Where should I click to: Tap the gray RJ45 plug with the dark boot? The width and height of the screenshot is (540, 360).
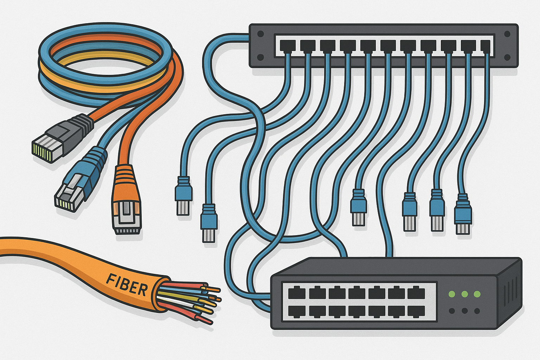pyautogui.click(x=63, y=139)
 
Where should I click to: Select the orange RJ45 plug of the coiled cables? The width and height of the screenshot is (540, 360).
pyautogui.click(x=127, y=200)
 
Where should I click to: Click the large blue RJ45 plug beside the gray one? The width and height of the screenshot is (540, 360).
pyautogui.click(x=81, y=180)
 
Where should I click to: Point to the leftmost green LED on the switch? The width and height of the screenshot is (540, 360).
pyautogui.click(x=452, y=294)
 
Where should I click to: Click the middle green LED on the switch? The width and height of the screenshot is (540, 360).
pyautogui.click(x=464, y=294)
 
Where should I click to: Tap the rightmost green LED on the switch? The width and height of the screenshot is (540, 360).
pyautogui.click(x=477, y=294)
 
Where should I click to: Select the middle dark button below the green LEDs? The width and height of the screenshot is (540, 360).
pyautogui.click(x=464, y=311)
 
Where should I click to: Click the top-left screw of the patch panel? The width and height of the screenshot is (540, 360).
pyautogui.click(x=261, y=34)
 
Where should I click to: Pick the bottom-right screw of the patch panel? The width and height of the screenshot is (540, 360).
pyautogui.click(x=507, y=57)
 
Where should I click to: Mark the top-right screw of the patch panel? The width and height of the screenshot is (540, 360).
pyautogui.click(x=507, y=34)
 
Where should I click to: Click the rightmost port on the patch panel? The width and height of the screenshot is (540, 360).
pyautogui.click(x=485, y=46)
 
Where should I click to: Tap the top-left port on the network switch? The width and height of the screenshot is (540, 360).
pyautogui.click(x=297, y=293)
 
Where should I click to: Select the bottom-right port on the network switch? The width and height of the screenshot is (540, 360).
pyautogui.click(x=416, y=311)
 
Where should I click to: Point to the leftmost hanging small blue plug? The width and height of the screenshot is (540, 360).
pyautogui.click(x=184, y=195)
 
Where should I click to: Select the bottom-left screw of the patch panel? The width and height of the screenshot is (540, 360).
pyautogui.click(x=261, y=57)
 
